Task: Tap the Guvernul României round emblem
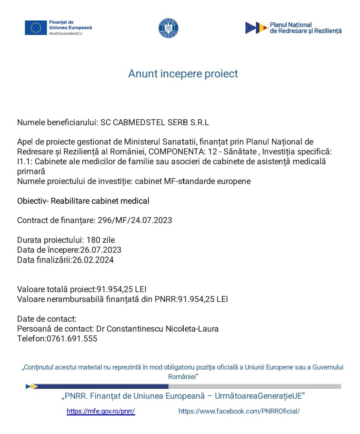pos(168,28)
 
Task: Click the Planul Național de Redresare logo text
pos(305,28)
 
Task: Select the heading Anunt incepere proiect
pos(183,74)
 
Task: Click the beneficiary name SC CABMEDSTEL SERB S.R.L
pos(155,123)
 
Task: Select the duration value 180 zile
pos(101,240)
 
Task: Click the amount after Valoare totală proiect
pos(122,289)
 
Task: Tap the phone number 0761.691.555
pos(72,339)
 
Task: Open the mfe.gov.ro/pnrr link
pos(101,411)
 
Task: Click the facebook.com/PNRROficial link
pos(239,411)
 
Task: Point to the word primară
pos(31,171)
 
